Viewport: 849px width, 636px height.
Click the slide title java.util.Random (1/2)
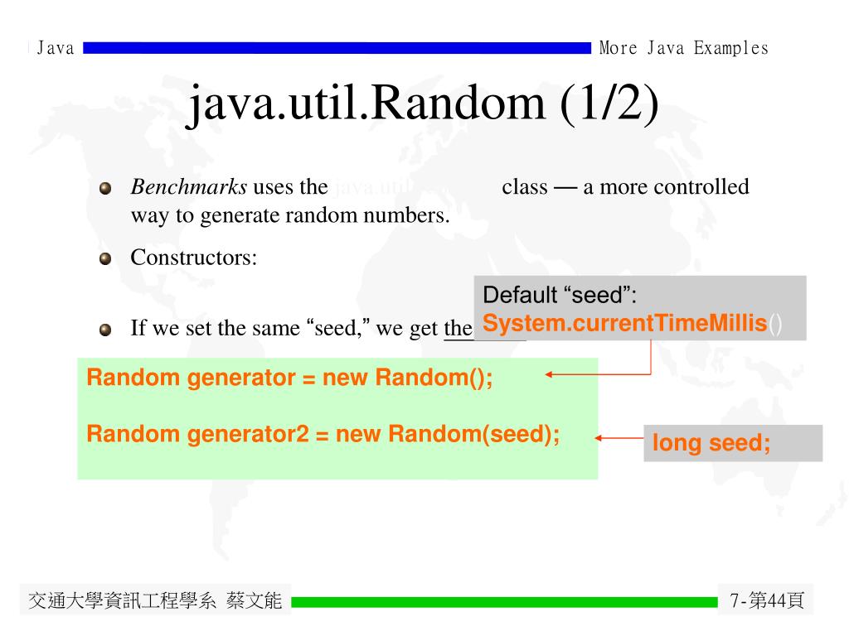pos(424,104)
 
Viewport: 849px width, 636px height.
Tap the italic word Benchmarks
pos(188,187)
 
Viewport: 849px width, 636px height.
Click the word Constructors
pos(193,258)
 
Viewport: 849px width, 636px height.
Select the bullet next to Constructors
pos(105,258)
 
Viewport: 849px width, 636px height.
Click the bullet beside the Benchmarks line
pos(105,188)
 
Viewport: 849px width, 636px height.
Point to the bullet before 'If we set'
pos(105,330)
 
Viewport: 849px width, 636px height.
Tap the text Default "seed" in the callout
pos(560,295)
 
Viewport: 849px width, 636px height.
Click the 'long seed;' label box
pos(732,443)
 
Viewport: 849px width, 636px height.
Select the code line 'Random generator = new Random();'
pos(289,378)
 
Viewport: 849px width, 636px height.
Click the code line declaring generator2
pos(323,434)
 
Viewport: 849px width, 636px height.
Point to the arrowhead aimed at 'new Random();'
pos(550,375)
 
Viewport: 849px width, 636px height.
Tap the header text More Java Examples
pos(683,48)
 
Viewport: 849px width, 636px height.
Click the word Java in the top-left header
pos(56,48)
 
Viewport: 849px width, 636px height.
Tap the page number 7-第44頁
pos(767,600)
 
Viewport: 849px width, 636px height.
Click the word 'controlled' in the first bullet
pos(701,187)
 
